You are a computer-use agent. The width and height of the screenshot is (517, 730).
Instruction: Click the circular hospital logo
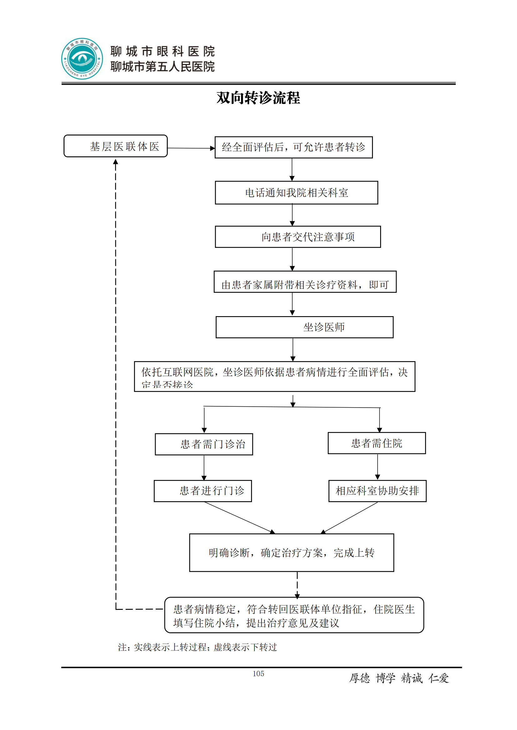pos(82,59)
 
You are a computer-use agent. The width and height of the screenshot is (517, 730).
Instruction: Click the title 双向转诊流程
pos(258,98)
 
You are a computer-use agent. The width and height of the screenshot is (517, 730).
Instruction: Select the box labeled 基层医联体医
pos(116,146)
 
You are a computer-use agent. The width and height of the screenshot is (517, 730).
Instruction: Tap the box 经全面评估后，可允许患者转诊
pos(294,147)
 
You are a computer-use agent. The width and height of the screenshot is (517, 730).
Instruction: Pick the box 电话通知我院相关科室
pos(296,193)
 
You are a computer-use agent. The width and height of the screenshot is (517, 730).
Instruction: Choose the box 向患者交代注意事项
pos(298,237)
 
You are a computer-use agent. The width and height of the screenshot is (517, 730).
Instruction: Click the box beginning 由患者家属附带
pos(305,282)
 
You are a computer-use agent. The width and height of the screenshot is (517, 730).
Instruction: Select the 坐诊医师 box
pos(304,327)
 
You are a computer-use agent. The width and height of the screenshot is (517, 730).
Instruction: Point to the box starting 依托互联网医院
pos(274,376)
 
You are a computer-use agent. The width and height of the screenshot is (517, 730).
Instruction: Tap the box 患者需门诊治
pos(204,444)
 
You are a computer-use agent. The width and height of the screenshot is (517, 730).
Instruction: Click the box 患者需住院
pos(377,443)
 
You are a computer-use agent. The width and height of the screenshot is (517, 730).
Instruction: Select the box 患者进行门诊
pos(203,491)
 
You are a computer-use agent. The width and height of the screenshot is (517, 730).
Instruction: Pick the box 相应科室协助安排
pos(377,491)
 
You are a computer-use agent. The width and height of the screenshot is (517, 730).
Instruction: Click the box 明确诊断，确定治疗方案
pos(291,553)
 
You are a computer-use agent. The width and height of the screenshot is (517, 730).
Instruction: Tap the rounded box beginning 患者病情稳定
pos(294,615)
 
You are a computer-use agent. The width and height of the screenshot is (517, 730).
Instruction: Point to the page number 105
pos(258,674)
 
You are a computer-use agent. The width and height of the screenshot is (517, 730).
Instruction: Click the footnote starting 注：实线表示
pos(197,647)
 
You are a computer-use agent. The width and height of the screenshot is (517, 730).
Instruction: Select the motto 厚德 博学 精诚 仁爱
pos(399,678)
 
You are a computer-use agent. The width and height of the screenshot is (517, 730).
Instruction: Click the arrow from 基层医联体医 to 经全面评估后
pos(191,148)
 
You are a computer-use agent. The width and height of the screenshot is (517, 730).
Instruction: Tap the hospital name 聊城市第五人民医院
pos(162,67)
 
